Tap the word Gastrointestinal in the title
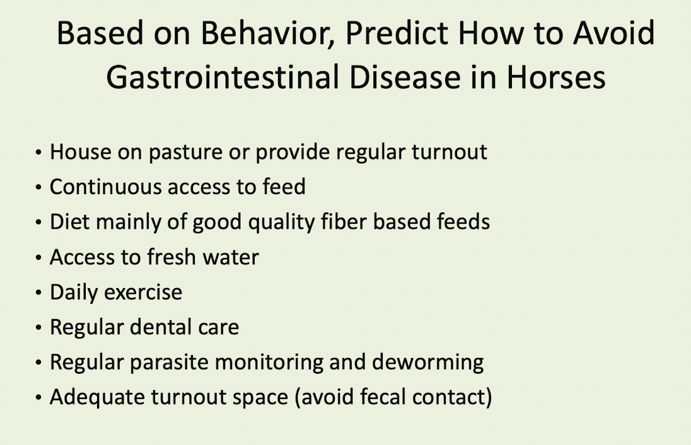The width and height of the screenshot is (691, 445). [x=223, y=78]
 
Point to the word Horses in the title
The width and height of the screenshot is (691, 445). [x=556, y=78]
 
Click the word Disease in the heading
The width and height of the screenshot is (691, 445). [x=405, y=78]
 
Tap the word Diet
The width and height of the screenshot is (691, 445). [x=69, y=222]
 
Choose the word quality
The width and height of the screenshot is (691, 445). [x=281, y=222]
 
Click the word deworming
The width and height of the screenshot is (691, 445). [x=427, y=363]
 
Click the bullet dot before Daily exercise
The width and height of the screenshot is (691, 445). [x=38, y=292]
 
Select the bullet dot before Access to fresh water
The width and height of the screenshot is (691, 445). [x=38, y=257]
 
